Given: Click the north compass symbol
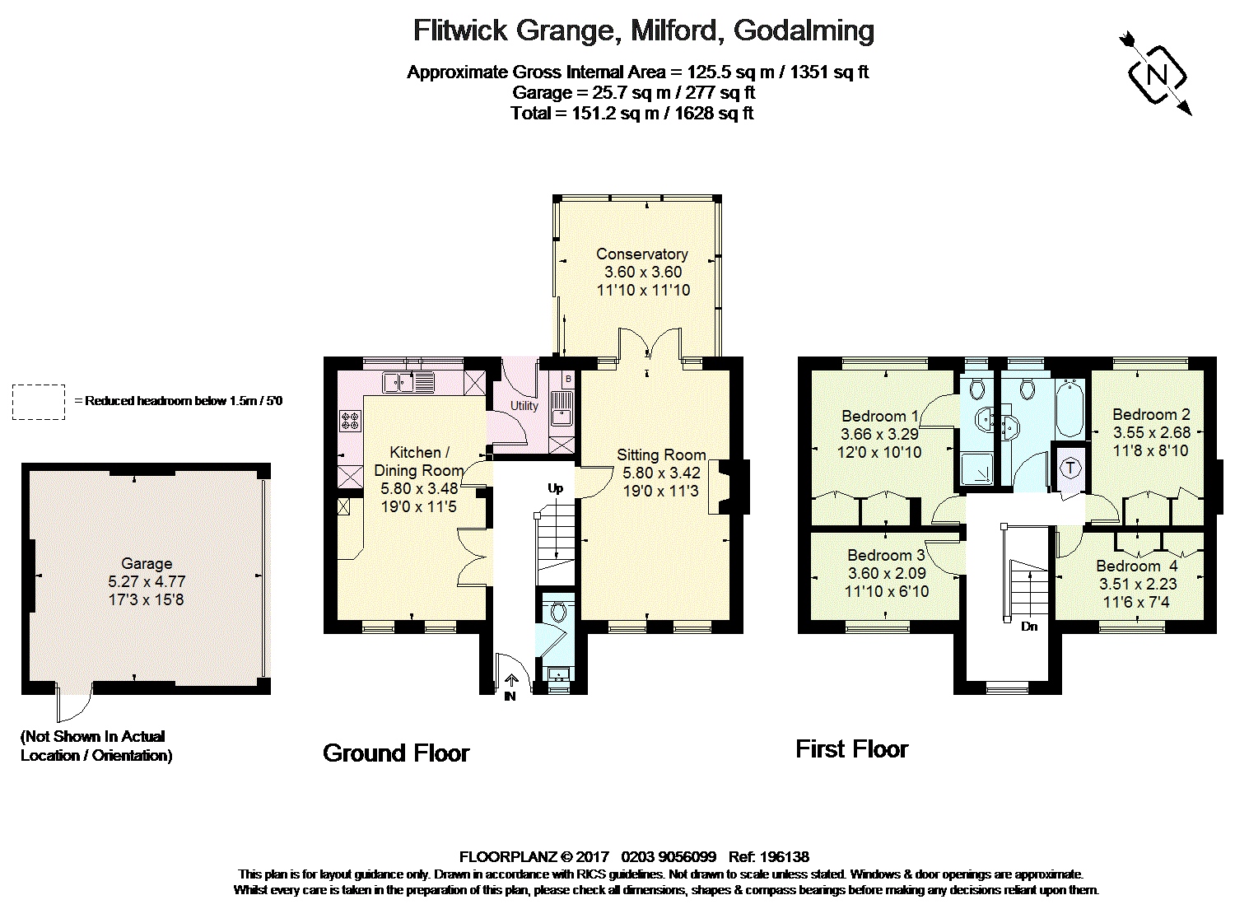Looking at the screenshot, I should (x=1157, y=75).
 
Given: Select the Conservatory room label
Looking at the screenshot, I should (x=641, y=254).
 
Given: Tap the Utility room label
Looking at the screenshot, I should (x=524, y=406).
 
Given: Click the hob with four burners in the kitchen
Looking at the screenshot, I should (x=350, y=421).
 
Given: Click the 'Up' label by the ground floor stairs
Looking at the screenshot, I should (x=556, y=488).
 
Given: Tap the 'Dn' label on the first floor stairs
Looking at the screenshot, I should (x=1029, y=627).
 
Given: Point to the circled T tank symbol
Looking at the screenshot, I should (x=1070, y=468).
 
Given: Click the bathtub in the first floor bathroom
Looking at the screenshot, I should (x=1070, y=408).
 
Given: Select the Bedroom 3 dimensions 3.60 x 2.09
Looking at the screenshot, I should (x=887, y=573).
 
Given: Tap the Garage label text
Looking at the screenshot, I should (x=147, y=563).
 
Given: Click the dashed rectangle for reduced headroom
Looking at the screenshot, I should (x=39, y=402).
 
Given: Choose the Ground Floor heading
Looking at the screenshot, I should (x=396, y=753).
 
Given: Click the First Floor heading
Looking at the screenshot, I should (x=851, y=748).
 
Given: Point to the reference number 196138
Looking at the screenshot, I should (x=785, y=856).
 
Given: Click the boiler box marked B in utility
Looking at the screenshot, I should (x=567, y=379).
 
